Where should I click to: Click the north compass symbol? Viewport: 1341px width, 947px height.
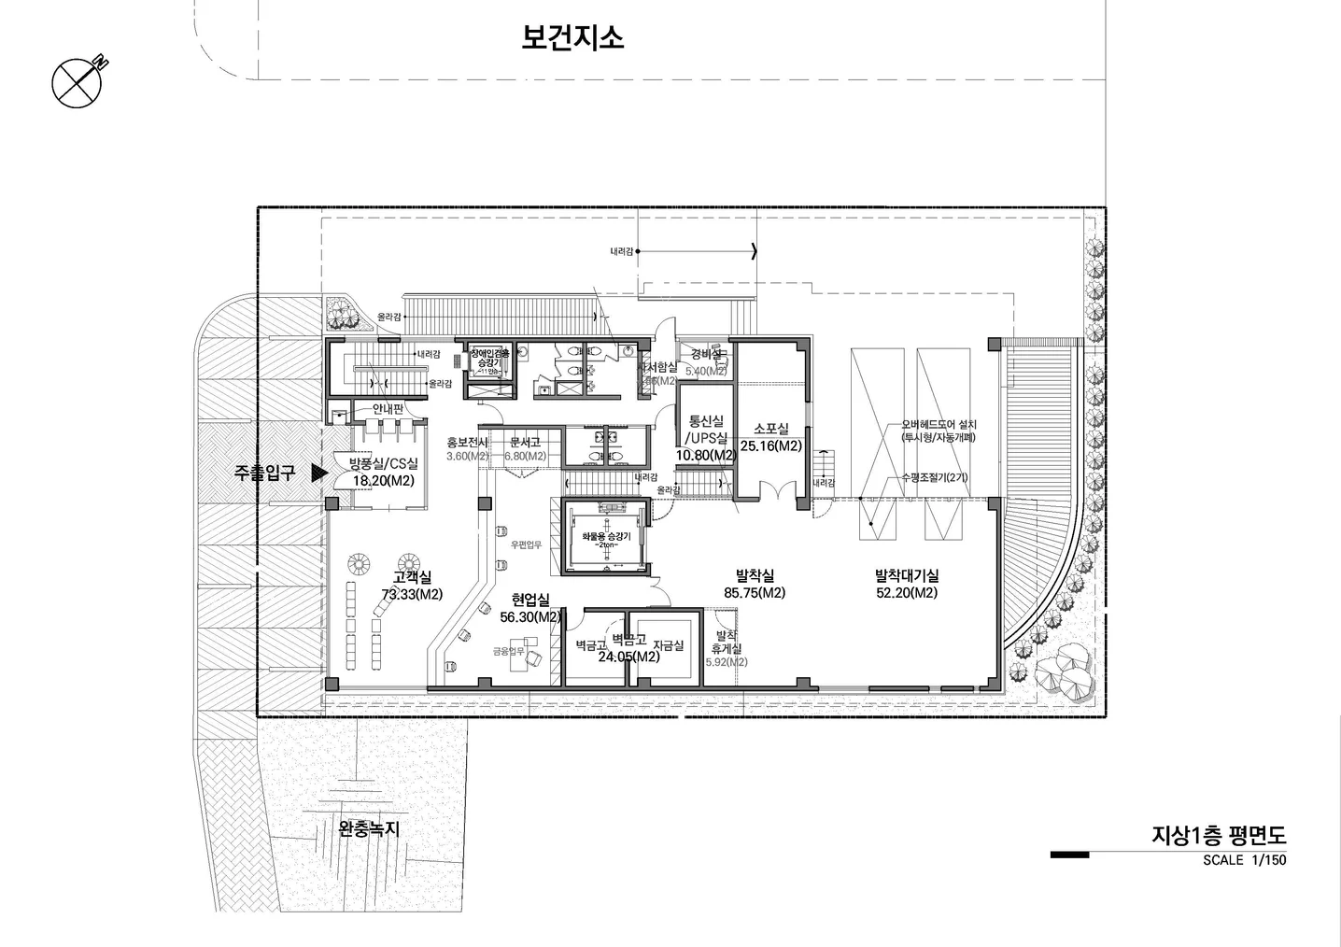[76, 82]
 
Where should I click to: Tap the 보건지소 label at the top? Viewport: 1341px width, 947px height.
[572, 38]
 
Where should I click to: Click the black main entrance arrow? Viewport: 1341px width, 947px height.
[318, 473]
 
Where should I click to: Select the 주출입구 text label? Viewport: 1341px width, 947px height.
[264, 473]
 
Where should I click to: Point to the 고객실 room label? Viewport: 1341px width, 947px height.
[412, 578]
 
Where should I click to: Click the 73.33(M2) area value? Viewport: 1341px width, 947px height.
[412, 594]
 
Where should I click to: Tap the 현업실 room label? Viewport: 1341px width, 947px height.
[530, 600]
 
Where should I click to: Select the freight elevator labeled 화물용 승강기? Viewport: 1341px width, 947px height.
[606, 539]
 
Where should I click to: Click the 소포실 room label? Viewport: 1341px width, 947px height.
[771, 429]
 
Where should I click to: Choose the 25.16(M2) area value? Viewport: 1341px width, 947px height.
[771, 446]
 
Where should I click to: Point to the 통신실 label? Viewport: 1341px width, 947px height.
[706, 421]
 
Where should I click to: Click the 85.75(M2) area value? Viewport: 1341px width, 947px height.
[755, 593]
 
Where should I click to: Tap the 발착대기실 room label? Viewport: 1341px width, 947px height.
[907, 576]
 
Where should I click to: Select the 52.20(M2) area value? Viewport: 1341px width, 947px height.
[907, 593]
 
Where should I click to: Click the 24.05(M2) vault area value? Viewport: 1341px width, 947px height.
[628, 657]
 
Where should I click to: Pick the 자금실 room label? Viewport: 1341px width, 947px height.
[668, 645]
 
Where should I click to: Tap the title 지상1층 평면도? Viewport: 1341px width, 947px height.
[1219, 835]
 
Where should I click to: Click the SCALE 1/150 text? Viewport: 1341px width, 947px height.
[1244, 860]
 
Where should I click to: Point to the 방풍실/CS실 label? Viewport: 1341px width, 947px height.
[384, 463]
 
